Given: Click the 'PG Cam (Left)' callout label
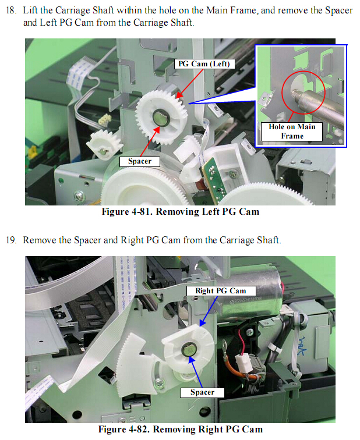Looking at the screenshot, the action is pyautogui.click(x=204, y=64).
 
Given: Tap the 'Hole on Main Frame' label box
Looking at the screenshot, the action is pyautogui.click(x=292, y=132).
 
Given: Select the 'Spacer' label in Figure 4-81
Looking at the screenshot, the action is pyautogui.click(x=140, y=161).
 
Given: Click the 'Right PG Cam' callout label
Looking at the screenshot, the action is pyautogui.click(x=221, y=291).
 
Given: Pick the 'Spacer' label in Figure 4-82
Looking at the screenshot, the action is pyautogui.click(x=202, y=392).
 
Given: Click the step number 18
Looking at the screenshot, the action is pyautogui.click(x=10, y=10).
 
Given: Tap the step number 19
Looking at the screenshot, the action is pyautogui.click(x=10, y=240).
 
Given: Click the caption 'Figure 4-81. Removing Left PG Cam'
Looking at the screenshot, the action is pyautogui.click(x=180, y=212).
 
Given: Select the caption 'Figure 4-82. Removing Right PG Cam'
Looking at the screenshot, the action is pyautogui.click(x=180, y=430).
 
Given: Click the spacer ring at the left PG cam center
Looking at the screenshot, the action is pyautogui.click(x=160, y=118).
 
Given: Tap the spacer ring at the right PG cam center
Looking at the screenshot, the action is pyautogui.click(x=189, y=349).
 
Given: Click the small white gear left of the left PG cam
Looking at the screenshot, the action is pyautogui.click(x=104, y=144).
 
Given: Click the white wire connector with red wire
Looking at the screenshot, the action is pyautogui.click(x=243, y=362).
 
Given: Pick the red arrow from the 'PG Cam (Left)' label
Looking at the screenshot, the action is pyautogui.click(x=189, y=83).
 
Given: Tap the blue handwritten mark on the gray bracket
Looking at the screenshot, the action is pyautogui.click(x=302, y=346).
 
